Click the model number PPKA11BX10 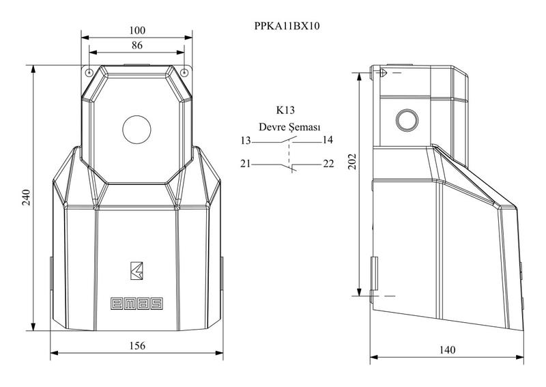(287, 26)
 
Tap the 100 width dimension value (137, 31)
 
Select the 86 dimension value (137, 45)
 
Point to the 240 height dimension (27, 197)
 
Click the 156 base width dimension (137, 345)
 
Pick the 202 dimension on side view (353, 161)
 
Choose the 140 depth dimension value (447, 349)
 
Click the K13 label (285, 110)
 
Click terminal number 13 (246, 141)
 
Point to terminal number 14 (328, 140)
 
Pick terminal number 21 (246, 163)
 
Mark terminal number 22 (328, 163)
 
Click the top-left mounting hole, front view (89, 73)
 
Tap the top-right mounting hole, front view (184, 73)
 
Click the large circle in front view (137, 130)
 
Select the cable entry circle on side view (407, 120)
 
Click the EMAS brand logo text (137, 304)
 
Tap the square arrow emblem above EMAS (137, 271)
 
